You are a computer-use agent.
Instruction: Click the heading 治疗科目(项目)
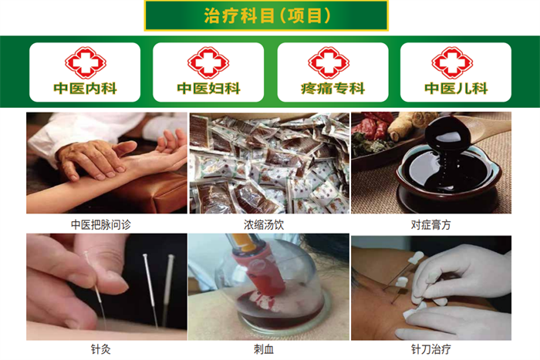pyautogui.click(x=267, y=16)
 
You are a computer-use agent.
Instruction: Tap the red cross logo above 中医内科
pyautogui.click(x=86, y=62)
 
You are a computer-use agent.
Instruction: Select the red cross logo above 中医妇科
pyautogui.click(x=208, y=62)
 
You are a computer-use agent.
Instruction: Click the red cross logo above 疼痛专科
pyautogui.click(x=329, y=62)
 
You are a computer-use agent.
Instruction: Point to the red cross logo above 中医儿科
pyautogui.click(x=452, y=62)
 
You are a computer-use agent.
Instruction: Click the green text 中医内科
pyautogui.click(x=86, y=89)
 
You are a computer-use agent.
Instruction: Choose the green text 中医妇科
pyautogui.click(x=209, y=89)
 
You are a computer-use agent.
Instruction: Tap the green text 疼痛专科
pyautogui.click(x=332, y=89)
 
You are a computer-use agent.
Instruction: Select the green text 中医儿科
pyautogui.click(x=456, y=89)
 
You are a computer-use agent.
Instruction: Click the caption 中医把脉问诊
pyautogui.click(x=101, y=225)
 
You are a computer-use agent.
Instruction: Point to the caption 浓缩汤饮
pyautogui.click(x=264, y=225)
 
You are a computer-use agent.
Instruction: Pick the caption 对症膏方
pyautogui.click(x=430, y=225)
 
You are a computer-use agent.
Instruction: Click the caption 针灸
pyautogui.click(x=101, y=349)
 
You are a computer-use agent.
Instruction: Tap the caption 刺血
pyautogui.click(x=264, y=349)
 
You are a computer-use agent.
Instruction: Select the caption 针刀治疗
pyautogui.click(x=430, y=349)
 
